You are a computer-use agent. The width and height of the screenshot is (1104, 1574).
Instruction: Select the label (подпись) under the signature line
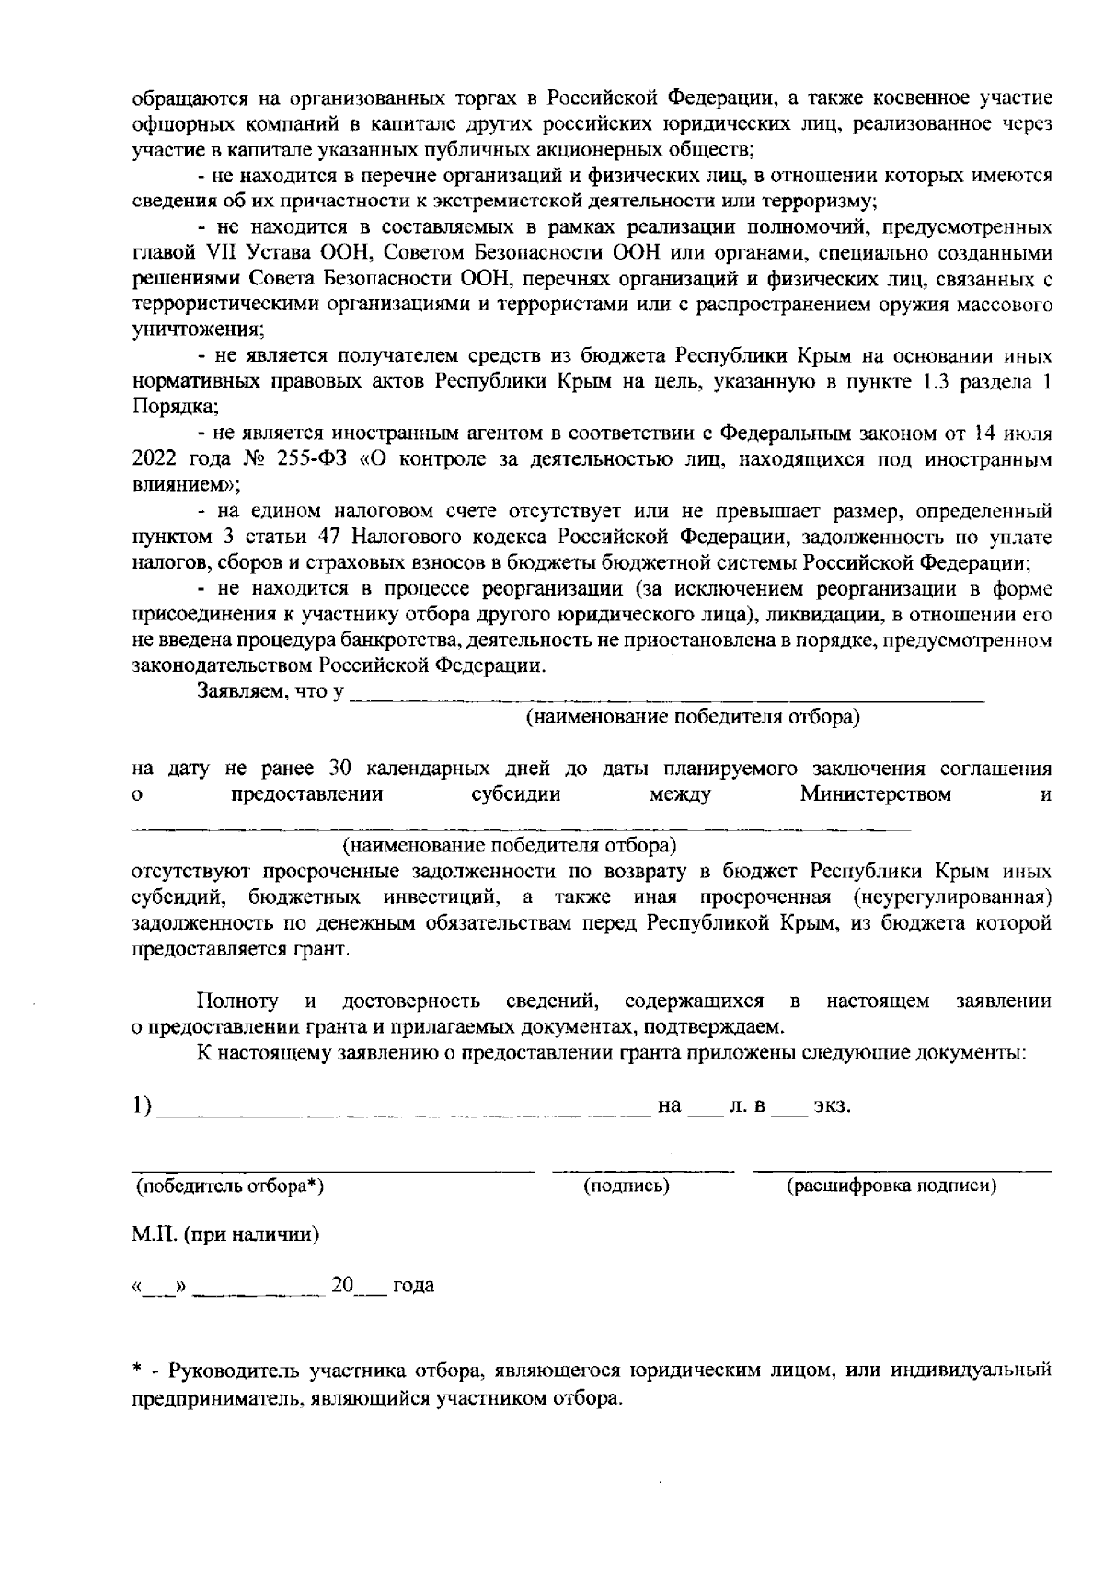click(x=627, y=1186)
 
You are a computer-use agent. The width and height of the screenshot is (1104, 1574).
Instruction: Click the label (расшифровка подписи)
click(x=891, y=1186)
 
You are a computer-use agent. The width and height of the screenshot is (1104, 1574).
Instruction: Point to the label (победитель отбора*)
click(x=229, y=1186)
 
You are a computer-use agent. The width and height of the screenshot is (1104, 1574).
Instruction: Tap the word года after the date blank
click(x=413, y=1286)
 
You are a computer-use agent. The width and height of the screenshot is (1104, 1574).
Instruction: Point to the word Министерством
click(x=876, y=793)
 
